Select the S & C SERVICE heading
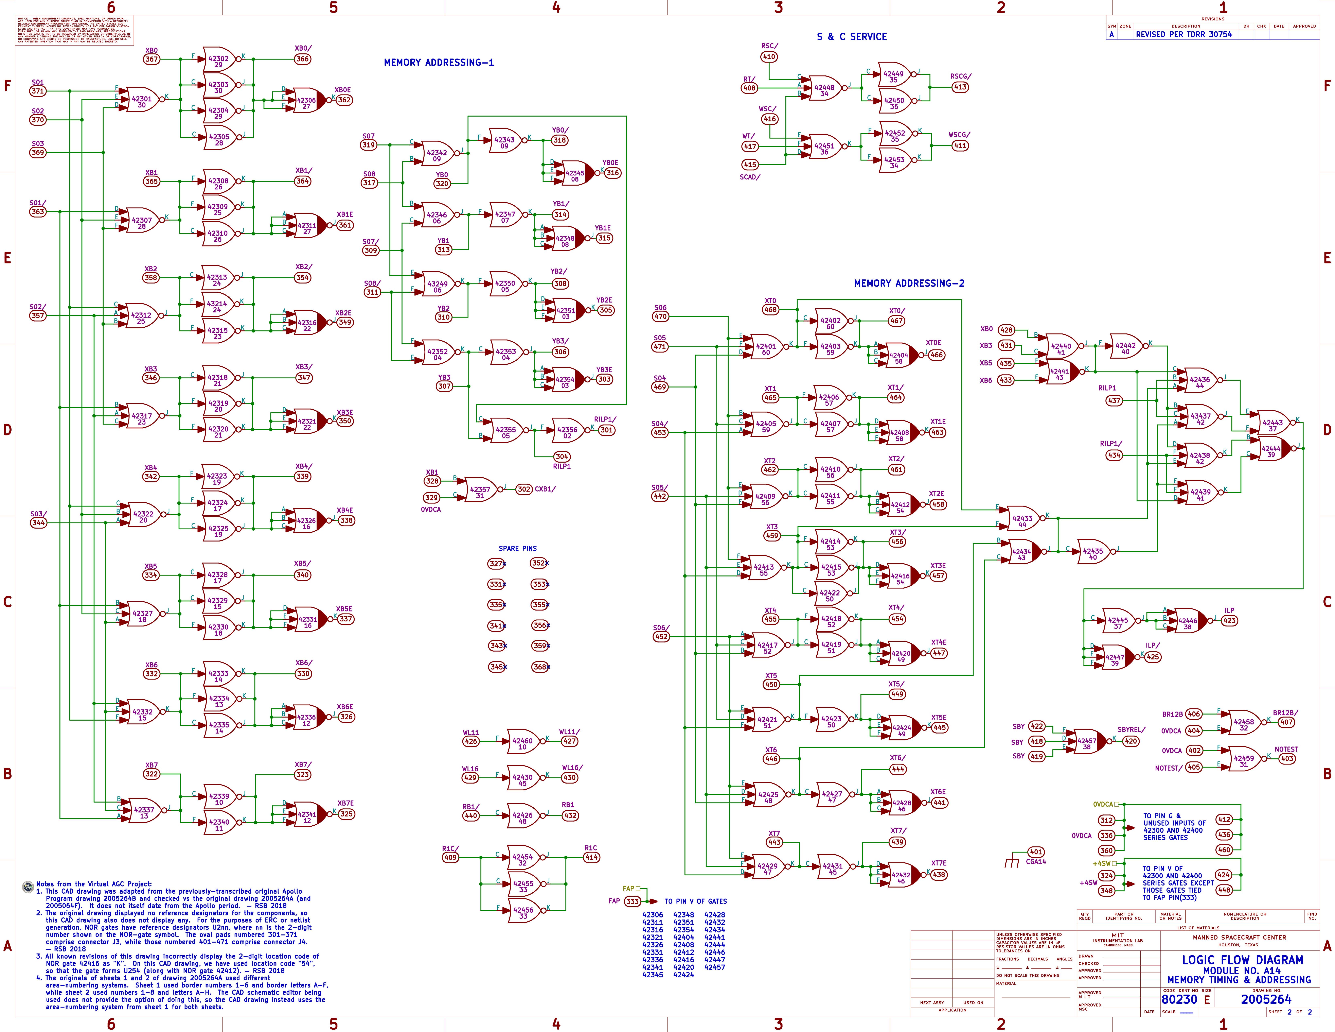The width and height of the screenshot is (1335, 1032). click(852, 37)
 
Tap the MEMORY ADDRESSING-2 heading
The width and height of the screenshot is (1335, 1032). click(909, 283)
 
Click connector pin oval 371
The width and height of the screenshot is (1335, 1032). click(38, 91)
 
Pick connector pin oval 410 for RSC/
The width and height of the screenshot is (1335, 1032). click(769, 57)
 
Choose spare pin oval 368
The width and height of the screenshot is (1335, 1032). click(539, 667)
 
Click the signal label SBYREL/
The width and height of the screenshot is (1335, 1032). click(1131, 729)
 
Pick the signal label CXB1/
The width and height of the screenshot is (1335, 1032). click(545, 489)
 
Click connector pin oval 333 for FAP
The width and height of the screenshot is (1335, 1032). click(632, 901)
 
